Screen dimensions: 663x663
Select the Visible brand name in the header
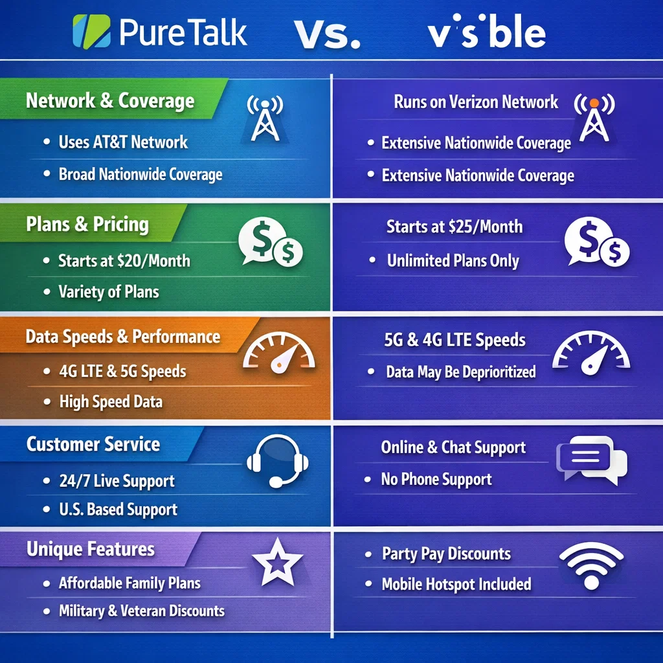pyautogui.click(x=486, y=32)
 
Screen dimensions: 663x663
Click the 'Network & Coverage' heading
pyautogui.click(x=110, y=101)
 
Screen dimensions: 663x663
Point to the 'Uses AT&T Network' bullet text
pyautogui.click(x=123, y=142)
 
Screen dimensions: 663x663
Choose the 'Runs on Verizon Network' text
pyautogui.click(x=476, y=102)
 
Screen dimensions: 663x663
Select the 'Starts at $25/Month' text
pyautogui.click(x=455, y=227)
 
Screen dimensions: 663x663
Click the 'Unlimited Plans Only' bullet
pyautogui.click(x=453, y=261)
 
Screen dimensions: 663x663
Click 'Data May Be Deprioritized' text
pyautogui.click(x=460, y=372)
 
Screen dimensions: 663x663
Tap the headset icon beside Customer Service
pyautogui.click(x=278, y=460)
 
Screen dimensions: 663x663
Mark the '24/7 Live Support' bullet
pyautogui.click(x=117, y=482)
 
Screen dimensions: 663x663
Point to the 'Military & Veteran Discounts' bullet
pyautogui.click(x=142, y=611)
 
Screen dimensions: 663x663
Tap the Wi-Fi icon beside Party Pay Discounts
pyautogui.click(x=591, y=565)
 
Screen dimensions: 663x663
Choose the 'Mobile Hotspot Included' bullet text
pyautogui.click(x=456, y=584)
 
